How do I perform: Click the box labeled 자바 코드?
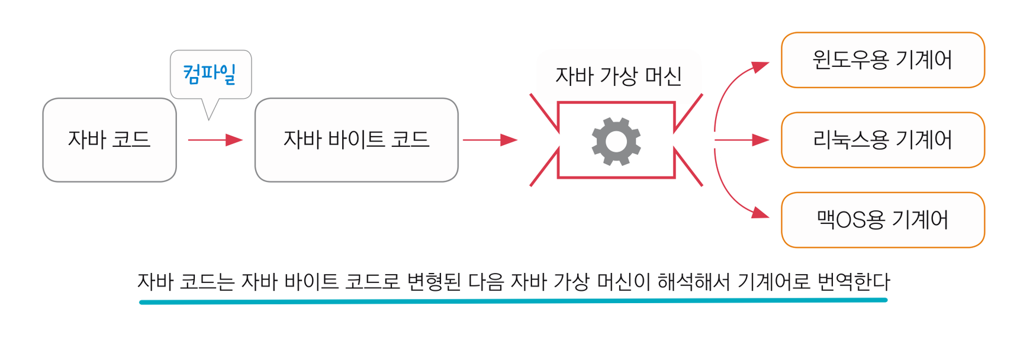(110, 140)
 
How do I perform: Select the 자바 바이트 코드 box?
(356, 140)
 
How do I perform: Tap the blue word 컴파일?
(210, 73)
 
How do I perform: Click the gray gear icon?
(616, 141)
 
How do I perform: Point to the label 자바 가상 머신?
(619, 76)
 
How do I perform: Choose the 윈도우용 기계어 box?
(883, 60)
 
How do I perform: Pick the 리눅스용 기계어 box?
(883, 140)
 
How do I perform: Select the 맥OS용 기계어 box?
(883, 220)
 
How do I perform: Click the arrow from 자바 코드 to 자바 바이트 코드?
(215, 140)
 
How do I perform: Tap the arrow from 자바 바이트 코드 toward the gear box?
(490, 140)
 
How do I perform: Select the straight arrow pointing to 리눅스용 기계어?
(741, 140)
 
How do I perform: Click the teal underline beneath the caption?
(513, 301)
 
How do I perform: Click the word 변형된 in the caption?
(433, 281)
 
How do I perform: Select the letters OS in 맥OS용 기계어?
(851, 220)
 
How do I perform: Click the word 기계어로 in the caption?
(774, 281)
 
